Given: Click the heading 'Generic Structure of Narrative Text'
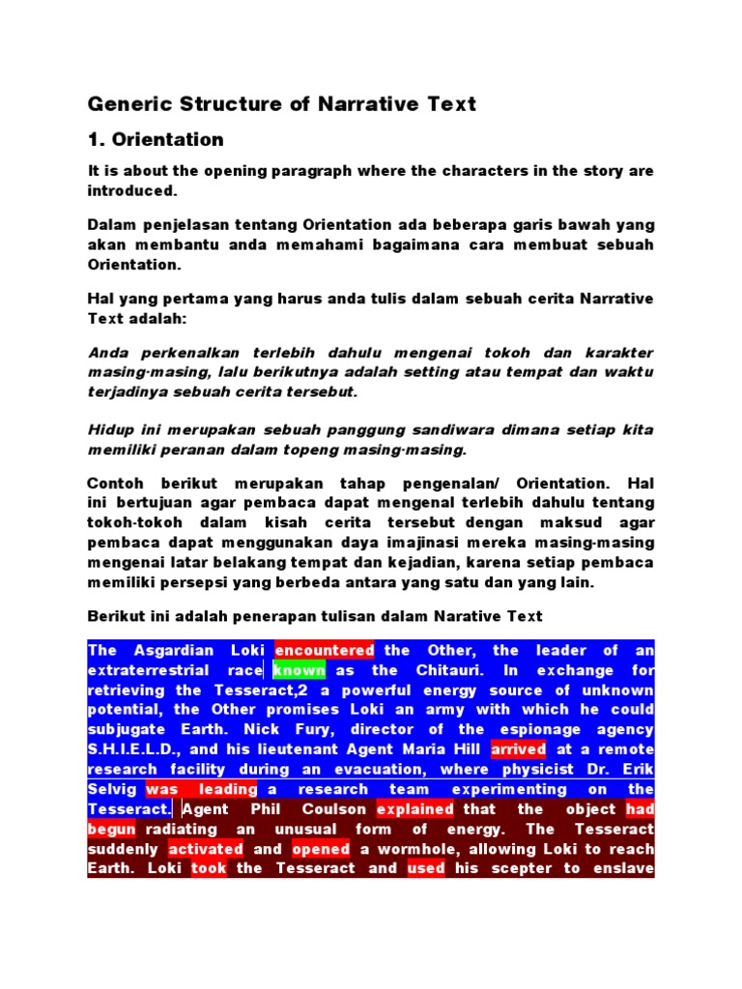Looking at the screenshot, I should click(x=282, y=103).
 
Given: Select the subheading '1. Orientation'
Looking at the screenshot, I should click(x=156, y=140).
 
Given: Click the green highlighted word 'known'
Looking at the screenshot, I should click(x=299, y=670).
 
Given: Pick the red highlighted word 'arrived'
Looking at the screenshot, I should click(x=518, y=749).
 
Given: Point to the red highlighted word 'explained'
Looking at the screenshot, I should click(x=414, y=809).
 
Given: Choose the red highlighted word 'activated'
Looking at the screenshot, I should click(x=205, y=849).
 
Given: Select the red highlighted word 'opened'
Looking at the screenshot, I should click(x=320, y=849).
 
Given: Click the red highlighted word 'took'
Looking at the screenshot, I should click(x=209, y=868).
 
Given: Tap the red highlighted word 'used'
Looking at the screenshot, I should click(x=426, y=868).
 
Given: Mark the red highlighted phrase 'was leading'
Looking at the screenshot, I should click(x=201, y=789).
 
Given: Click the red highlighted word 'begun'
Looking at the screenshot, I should click(x=111, y=829).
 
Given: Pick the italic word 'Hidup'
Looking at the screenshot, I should click(x=109, y=430).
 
